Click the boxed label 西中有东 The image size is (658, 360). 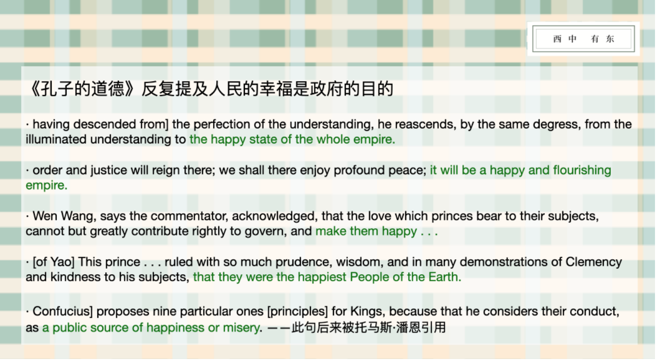click(583, 39)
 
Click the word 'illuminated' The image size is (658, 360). click(56, 139)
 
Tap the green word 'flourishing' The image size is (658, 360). click(582, 170)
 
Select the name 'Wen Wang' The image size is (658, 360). click(64, 217)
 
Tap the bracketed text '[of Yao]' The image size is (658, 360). click(54, 262)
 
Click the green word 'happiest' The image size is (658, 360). click(321, 277)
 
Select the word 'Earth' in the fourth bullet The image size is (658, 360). click(443, 277)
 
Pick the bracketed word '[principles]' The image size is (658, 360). click(297, 312)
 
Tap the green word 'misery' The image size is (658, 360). click(241, 328)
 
